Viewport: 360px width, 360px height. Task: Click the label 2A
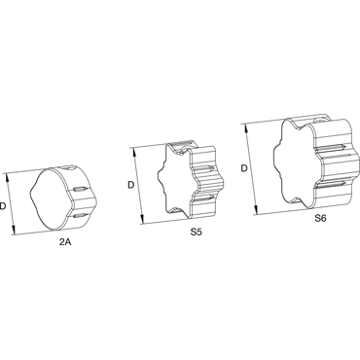click(x=65, y=242)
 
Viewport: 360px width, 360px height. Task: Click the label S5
click(x=197, y=233)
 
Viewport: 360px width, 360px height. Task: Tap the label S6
click(x=320, y=218)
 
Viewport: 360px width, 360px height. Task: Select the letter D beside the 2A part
click(x=3, y=205)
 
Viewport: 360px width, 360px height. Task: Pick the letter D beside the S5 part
click(x=130, y=185)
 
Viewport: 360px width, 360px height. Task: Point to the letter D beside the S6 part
click(x=244, y=168)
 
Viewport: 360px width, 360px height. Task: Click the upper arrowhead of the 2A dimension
click(x=7, y=177)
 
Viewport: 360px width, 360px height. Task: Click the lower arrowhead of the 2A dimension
click(x=14, y=231)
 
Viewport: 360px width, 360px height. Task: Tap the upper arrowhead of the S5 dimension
click(x=134, y=152)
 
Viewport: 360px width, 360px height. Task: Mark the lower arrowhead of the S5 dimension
click(x=142, y=219)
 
